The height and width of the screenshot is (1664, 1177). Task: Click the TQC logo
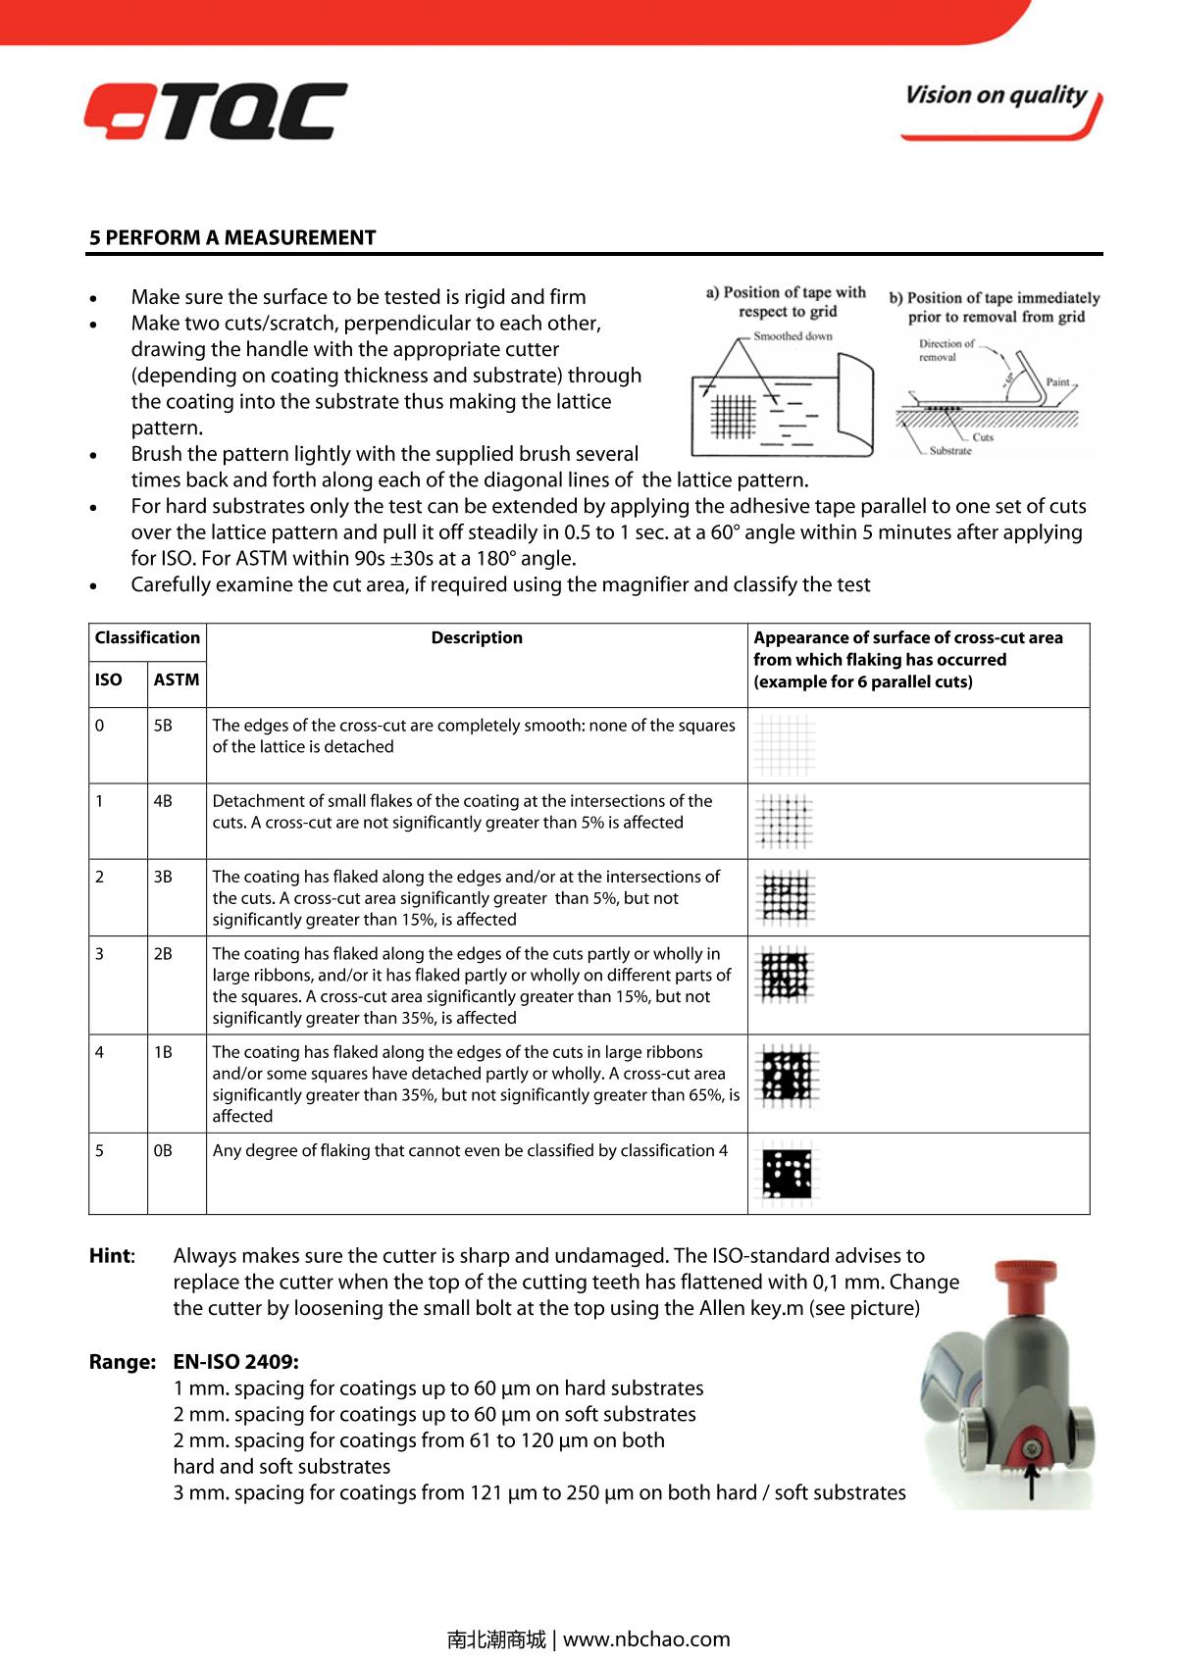[x=216, y=111]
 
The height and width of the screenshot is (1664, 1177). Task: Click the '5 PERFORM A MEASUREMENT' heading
[x=232, y=237]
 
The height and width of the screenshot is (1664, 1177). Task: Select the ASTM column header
[x=177, y=680]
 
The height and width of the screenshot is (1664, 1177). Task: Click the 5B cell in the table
[x=163, y=726]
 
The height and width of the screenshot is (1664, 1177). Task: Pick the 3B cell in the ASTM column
[x=163, y=877]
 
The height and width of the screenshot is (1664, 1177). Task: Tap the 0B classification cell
[x=163, y=1150]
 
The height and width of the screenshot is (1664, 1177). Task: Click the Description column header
[x=477, y=637]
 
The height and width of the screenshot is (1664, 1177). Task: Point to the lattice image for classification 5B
[x=786, y=744]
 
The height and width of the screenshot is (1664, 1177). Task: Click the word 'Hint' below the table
[x=110, y=1256]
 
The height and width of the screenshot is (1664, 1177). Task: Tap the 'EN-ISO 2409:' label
[x=236, y=1362]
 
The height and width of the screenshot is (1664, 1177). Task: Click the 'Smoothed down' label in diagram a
[x=793, y=336]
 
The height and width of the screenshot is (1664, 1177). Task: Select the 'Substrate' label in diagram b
[x=950, y=451]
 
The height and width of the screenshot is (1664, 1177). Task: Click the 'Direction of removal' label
[x=946, y=350]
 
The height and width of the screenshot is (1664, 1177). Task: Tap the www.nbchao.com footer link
[x=646, y=1639]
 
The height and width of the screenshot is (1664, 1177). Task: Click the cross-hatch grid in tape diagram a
[x=731, y=416]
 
